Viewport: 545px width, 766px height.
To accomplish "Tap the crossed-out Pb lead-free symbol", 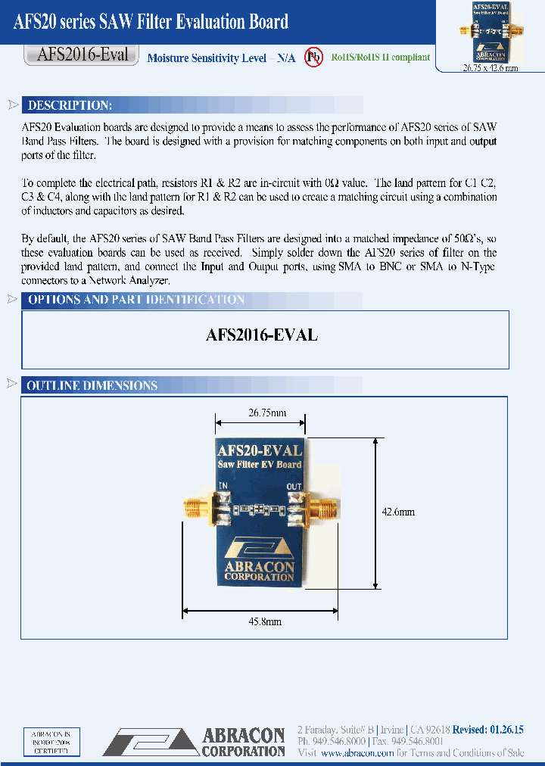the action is [x=313, y=58].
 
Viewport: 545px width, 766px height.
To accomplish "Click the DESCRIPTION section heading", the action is [x=70, y=105].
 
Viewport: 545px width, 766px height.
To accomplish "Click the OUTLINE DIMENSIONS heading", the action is [x=92, y=385].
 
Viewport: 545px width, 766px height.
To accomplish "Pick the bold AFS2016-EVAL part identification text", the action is [x=262, y=335].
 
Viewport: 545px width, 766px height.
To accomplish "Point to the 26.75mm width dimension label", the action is [x=267, y=413].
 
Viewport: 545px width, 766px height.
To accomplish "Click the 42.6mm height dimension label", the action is [x=398, y=512].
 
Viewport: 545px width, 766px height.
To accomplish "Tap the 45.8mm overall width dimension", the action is [x=265, y=621].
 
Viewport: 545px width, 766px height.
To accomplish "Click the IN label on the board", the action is [x=223, y=486].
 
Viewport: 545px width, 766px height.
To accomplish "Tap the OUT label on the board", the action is [x=294, y=486].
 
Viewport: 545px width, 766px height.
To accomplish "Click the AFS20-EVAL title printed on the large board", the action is [x=260, y=451].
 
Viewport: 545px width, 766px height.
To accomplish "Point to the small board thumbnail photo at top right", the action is [x=489, y=33].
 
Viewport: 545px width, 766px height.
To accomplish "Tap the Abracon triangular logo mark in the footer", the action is [x=150, y=742].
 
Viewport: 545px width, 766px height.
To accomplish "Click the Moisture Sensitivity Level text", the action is [x=221, y=58].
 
